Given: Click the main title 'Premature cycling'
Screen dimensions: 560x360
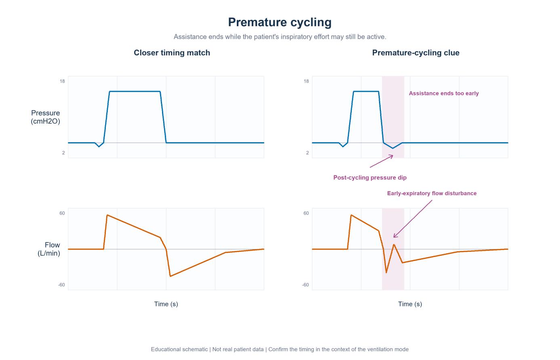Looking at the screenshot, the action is pos(280,23).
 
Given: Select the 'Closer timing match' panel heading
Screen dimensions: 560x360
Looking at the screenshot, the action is pos(172,53).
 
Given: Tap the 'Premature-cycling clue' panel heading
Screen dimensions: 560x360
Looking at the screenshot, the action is pos(415,53).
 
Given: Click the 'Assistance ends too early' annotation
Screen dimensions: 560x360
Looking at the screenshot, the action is pos(444,93).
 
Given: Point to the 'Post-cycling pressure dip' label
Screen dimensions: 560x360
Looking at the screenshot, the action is pos(370,177).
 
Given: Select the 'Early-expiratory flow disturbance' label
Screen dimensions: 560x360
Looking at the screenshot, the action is pos(432,193).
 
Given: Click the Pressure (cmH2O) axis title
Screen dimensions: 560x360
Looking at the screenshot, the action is pos(46,117).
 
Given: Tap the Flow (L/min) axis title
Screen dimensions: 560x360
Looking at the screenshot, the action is pos(49,249).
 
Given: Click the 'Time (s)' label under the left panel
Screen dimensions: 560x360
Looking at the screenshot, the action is pos(166,304).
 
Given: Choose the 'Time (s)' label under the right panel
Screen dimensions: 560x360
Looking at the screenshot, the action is pos(410,304).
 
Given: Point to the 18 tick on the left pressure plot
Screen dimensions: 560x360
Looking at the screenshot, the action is pos(62,81).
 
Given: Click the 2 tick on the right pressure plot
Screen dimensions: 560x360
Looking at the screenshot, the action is pos(307,153).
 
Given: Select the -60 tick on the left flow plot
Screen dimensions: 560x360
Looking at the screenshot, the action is pos(61,285).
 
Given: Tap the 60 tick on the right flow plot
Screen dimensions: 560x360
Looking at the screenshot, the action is pos(306,213).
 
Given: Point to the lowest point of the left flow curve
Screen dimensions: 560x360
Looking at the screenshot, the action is pos(170,276).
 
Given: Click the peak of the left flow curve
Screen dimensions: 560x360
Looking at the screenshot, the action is pos(107,215).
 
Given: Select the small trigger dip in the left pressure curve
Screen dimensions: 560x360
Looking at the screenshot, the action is pos(99,147).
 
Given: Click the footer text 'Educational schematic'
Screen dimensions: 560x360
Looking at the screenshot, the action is pos(179,349).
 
